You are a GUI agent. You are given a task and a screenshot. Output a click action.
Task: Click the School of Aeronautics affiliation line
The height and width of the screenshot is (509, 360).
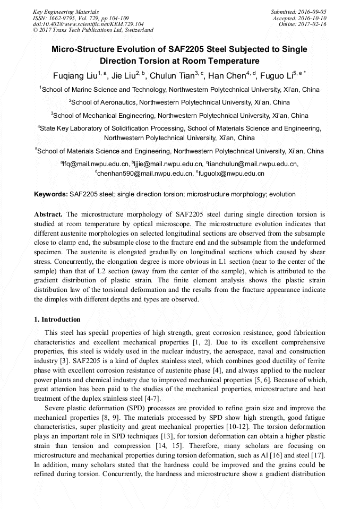coord(179,102)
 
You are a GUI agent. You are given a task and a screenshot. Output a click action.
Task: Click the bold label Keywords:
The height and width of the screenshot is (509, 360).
coord(51,194)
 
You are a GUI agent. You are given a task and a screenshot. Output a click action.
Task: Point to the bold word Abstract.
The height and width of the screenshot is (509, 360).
coord(48,214)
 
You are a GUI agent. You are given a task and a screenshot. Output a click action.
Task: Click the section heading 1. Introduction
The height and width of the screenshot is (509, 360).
coord(57,320)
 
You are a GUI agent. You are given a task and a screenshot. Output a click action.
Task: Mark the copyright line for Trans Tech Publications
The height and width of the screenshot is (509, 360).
coord(93,30)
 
